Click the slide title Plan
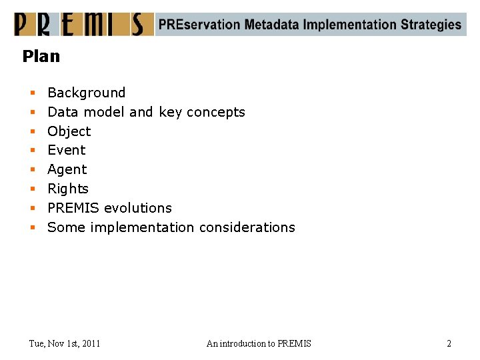(41, 57)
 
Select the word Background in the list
(86, 93)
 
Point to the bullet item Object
(69, 131)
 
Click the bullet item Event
(66, 150)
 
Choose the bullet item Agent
(67, 169)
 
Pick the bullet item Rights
(67, 189)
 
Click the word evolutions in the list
(138, 208)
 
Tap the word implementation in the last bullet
(141, 227)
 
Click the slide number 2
(449, 343)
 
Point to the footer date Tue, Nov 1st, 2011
(65, 343)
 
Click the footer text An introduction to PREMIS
(259, 343)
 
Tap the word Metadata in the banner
(271, 25)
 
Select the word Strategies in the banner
(431, 25)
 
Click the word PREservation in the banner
(199, 25)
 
